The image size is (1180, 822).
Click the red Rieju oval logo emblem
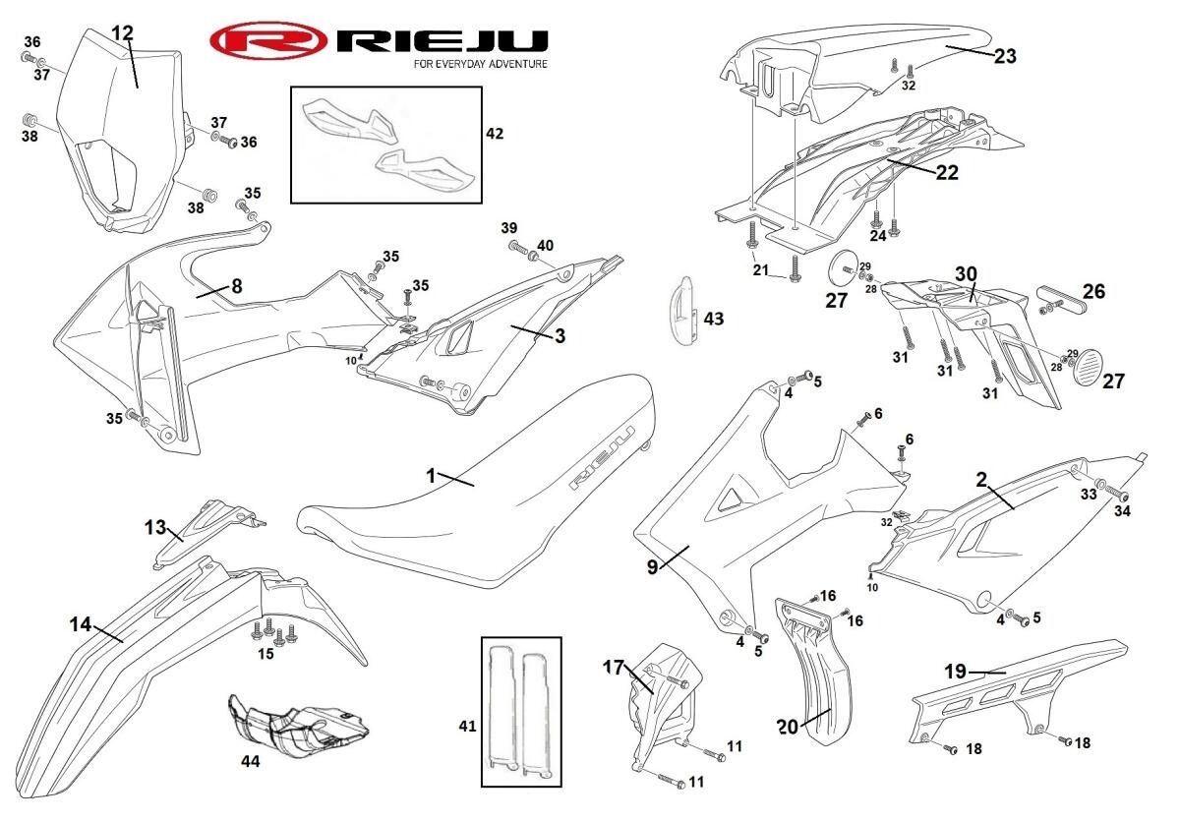coord(267,41)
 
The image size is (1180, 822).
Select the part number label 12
coord(122,32)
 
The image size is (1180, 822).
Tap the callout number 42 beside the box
coord(495,133)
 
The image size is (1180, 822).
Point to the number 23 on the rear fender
coord(1005,56)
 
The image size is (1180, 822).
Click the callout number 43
coord(714,319)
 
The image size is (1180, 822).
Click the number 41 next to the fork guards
coord(468,727)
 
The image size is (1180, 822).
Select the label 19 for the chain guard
coord(956,673)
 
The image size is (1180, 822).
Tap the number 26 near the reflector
coord(1093,291)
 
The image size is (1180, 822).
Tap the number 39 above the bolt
coord(508,227)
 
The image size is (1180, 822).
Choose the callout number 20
coord(788,727)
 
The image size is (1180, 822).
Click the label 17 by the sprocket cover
coord(614,667)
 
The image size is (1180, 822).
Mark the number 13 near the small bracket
coord(155,527)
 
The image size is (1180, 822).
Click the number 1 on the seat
coord(431,475)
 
